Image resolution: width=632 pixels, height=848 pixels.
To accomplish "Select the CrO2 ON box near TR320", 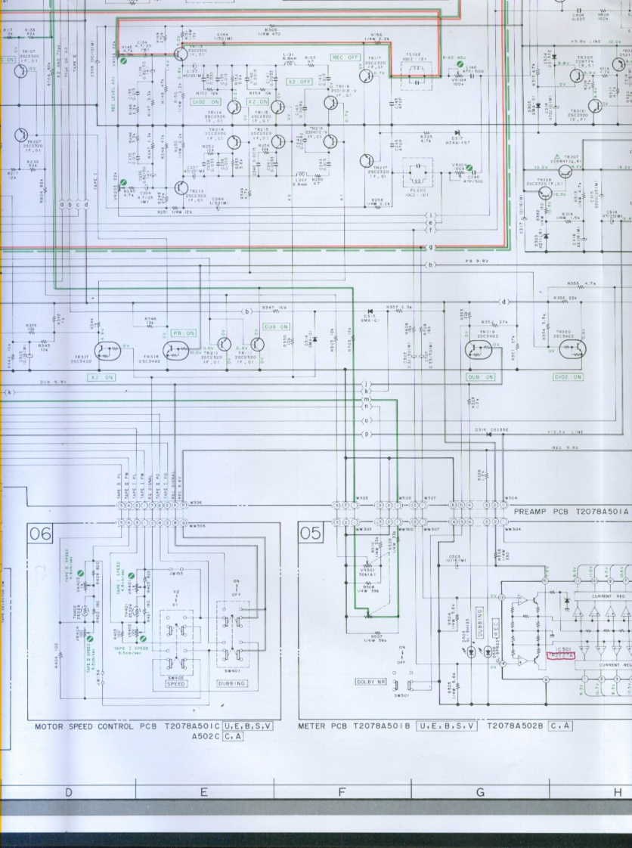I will (x=568, y=376).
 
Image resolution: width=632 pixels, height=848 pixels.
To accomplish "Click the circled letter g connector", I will (x=431, y=247).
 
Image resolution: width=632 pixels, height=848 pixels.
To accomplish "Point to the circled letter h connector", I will (x=431, y=265).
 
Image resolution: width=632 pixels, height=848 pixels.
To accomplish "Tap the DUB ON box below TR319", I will (x=479, y=376).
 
